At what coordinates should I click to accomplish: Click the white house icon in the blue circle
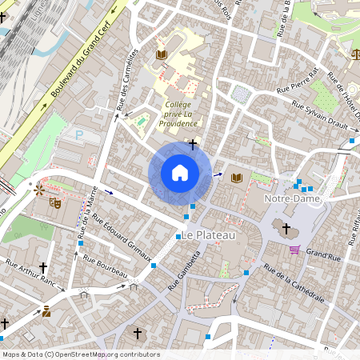[x=180, y=172]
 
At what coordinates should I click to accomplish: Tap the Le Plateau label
[x=209, y=235]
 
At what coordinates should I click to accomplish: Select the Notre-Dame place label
[x=292, y=198]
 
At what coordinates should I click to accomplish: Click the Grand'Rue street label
[x=324, y=254]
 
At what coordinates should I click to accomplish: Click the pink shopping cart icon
[x=294, y=250]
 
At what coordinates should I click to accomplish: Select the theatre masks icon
[x=55, y=203]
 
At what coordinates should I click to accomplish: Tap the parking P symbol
[x=78, y=137]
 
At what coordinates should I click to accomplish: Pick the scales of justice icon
[x=354, y=54]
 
